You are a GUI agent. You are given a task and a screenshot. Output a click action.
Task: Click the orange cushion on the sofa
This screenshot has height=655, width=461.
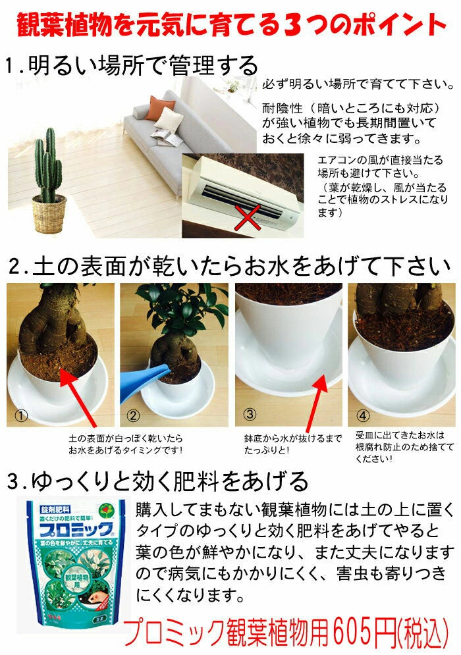coord(160,108)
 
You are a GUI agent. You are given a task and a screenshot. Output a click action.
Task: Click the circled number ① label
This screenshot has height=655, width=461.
coord(22,415)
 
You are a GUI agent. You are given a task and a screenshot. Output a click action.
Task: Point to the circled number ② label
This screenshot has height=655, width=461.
coord(133,415)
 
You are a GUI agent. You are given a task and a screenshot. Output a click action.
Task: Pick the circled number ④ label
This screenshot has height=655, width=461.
coord(363,415)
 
